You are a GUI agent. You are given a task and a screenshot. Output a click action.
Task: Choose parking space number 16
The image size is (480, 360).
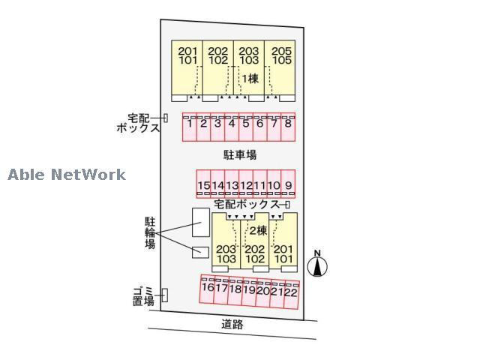point(208,288)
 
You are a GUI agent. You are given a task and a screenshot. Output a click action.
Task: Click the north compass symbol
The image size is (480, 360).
point(318,264)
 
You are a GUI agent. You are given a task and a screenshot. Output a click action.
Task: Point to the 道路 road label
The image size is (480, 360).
point(232,325)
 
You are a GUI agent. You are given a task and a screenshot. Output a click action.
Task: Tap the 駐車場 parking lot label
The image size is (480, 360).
point(240,155)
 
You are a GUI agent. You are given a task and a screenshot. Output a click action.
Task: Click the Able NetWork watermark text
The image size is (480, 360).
point(67,175)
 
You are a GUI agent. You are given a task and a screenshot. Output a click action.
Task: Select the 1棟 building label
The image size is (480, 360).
point(250,78)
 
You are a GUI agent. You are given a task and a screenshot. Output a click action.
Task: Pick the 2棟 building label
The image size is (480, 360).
point(258,231)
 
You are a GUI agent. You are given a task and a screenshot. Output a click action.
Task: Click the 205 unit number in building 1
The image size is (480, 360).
point(280,51)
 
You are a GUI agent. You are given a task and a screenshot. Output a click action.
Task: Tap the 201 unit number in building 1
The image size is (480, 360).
point(187,51)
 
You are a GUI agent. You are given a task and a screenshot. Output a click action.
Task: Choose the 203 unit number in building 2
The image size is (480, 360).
point(226,249)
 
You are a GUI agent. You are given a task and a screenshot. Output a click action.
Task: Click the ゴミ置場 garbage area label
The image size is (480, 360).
point(143,295)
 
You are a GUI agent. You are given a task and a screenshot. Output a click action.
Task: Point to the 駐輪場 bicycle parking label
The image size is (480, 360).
point(150,232)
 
